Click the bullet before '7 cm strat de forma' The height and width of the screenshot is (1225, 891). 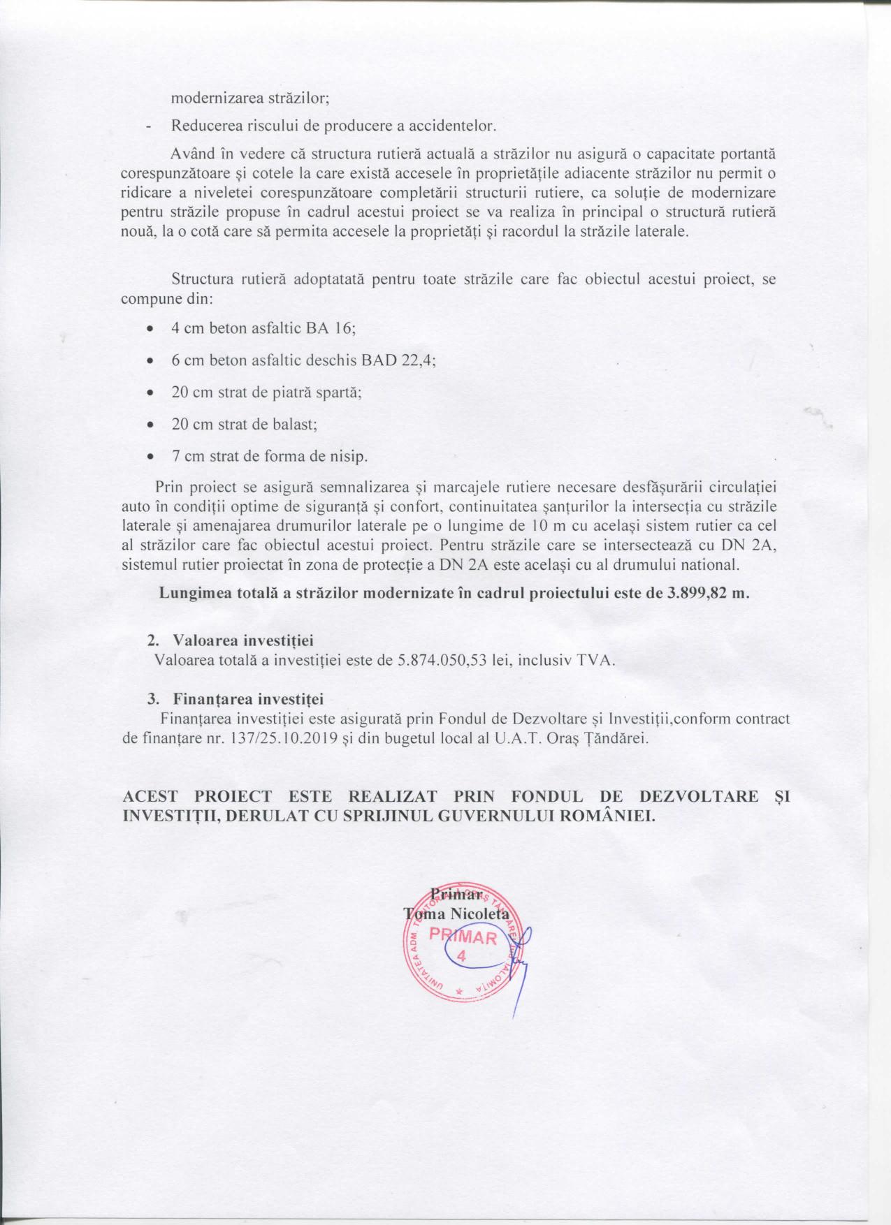click(x=150, y=457)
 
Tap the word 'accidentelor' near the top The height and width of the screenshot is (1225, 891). click(x=454, y=126)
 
